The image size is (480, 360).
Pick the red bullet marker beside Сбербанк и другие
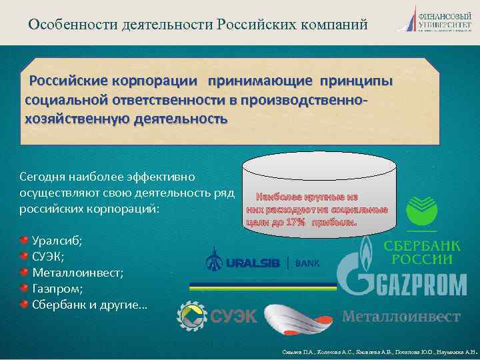25,305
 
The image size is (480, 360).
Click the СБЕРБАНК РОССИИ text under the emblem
419,252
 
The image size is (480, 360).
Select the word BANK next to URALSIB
307,263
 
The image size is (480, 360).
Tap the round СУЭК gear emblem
191,315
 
